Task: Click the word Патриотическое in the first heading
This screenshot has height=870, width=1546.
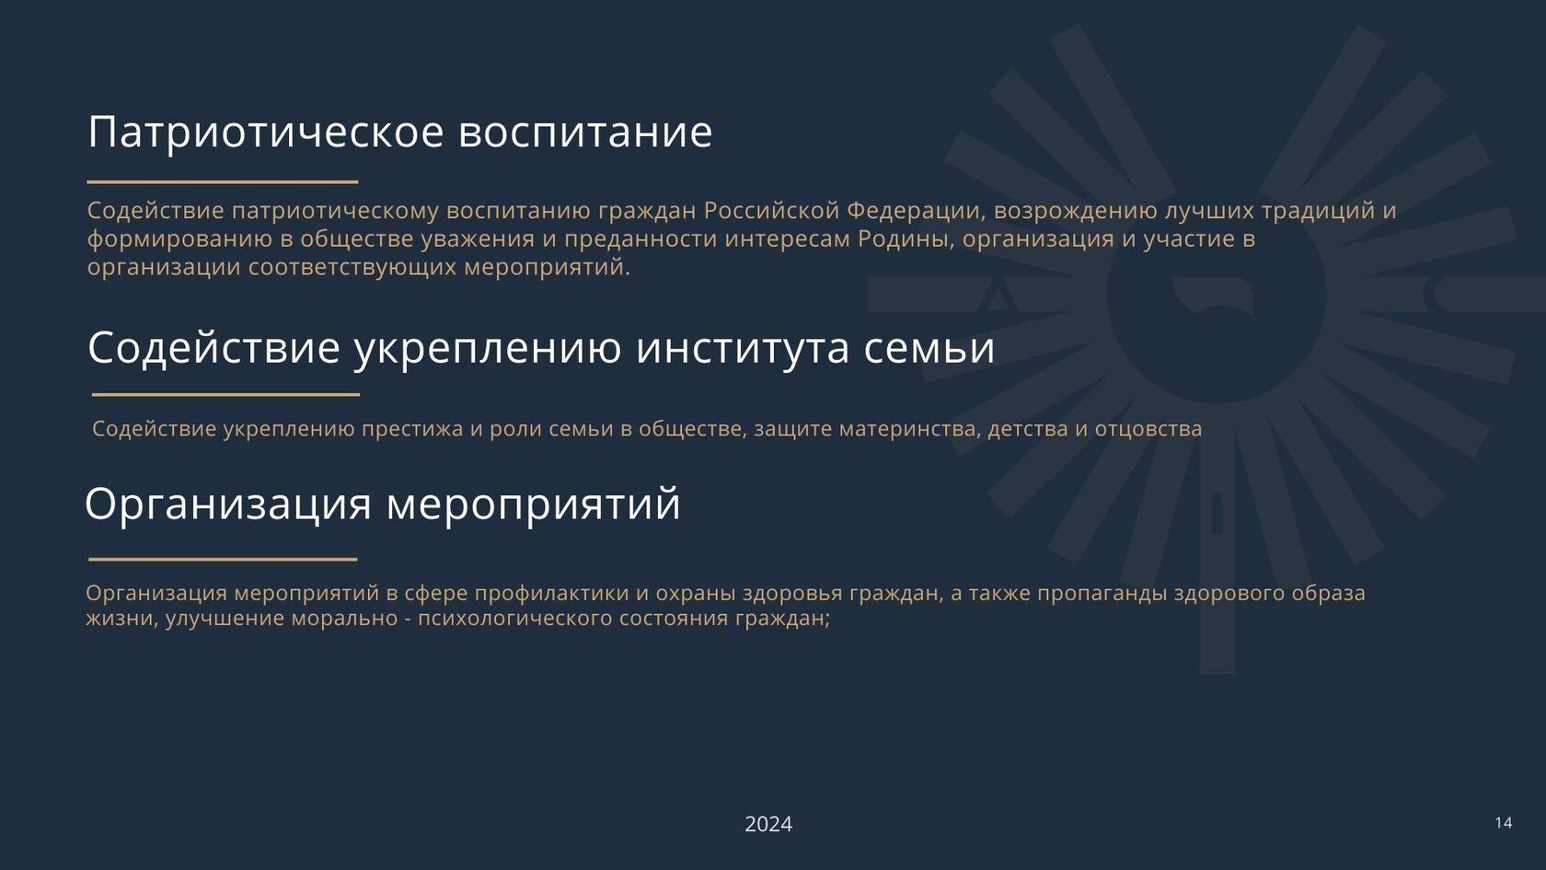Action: point(266,133)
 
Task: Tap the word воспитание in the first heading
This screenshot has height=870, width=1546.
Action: point(585,133)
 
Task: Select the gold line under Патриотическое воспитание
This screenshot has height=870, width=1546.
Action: point(223,182)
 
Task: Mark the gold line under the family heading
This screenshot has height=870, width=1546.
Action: point(225,395)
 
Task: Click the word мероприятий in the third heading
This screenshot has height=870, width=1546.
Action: point(534,505)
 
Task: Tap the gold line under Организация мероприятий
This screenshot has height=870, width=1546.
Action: point(223,560)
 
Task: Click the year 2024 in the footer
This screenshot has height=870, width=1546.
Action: point(768,824)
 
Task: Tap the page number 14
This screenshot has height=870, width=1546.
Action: point(1504,822)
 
